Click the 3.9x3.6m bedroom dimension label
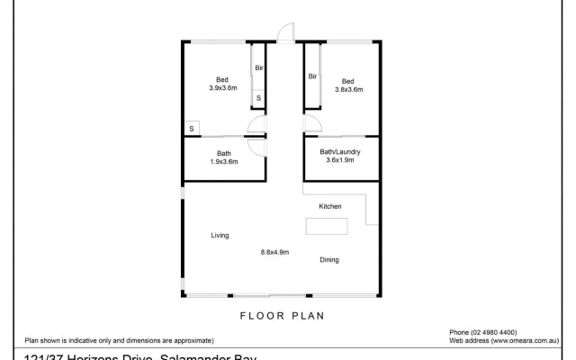222,88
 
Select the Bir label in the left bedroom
258,67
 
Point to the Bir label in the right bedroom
312,76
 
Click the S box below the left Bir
258,97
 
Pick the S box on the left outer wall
191,130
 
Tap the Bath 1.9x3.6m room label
223,157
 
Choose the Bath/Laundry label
341,152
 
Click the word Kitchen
330,207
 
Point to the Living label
220,236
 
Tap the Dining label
329,260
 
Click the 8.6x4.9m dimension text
274,253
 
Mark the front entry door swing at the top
284,34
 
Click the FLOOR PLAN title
281,316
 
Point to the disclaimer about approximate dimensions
119,341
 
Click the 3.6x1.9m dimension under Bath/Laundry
342,161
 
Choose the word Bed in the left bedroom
222,79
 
